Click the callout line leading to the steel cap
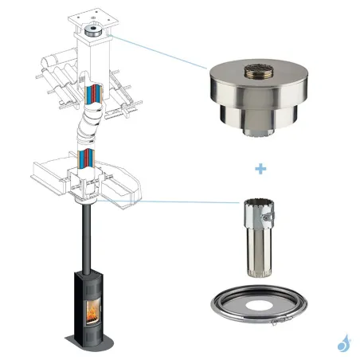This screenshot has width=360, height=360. [x=159, y=51]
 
